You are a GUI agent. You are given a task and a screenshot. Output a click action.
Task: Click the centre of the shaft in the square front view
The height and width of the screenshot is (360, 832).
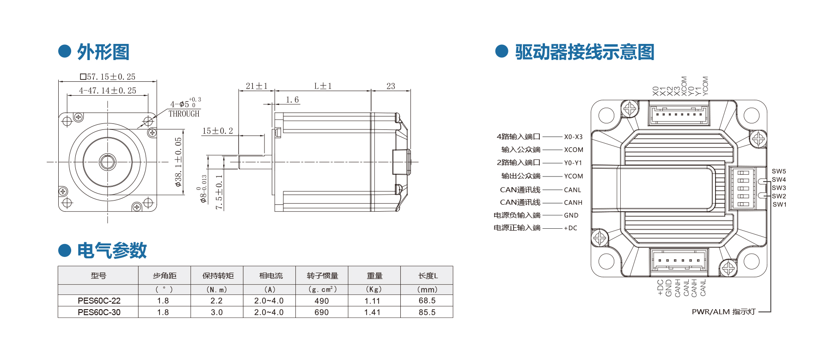tap(108, 162)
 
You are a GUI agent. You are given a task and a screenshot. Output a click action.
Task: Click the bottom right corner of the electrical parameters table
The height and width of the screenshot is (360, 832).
tap(453, 317)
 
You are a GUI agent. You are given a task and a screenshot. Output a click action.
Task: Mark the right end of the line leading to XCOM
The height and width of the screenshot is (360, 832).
tap(562, 150)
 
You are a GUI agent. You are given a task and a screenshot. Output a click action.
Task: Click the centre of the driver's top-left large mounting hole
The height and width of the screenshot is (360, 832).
tap(606, 116)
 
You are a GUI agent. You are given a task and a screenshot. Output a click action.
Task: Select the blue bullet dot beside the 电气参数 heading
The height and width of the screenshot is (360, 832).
tap(65, 250)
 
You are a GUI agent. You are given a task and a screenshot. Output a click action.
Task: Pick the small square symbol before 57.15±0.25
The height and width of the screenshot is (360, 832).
tap(83, 77)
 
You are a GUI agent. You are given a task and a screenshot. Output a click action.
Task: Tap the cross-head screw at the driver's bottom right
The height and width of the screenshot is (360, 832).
tap(729, 268)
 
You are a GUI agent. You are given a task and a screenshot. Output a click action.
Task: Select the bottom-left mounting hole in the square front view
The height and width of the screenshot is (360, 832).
tap(67, 202)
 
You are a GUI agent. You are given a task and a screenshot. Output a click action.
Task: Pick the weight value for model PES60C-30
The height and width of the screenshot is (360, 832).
tap(372, 312)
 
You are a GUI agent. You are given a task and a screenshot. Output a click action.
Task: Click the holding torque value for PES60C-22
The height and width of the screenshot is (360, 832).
tap(216, 301)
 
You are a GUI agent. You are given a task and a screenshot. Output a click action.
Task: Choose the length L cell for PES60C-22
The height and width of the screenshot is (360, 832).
tap(427, 301)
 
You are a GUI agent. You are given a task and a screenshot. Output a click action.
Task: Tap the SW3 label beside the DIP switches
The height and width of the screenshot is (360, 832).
tap(779, 188)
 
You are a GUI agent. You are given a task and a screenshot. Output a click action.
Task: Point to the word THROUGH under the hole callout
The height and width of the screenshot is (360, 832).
tap(184, 114)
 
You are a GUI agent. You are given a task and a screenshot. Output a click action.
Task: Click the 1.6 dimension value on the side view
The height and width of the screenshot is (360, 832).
tap(292, 100)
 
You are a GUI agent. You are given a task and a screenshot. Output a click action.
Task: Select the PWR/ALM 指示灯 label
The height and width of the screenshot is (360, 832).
tap(724, 312)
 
